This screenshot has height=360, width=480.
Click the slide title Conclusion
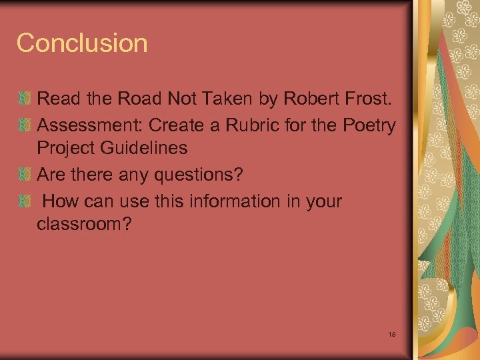82,43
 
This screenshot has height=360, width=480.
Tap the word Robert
311,99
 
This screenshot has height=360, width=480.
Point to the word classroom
85,225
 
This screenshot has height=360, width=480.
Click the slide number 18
391,333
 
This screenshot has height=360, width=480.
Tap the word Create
181,124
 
